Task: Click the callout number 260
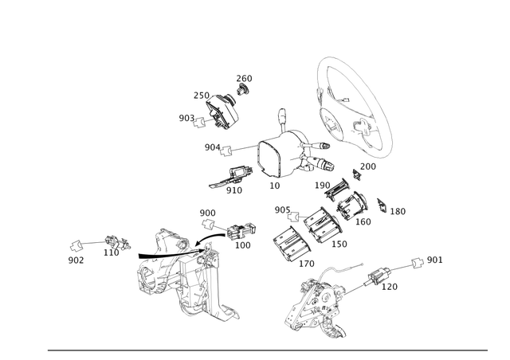(244, 78)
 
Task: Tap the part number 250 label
(202, 96)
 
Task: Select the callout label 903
(186, 118)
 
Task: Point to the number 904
(213, 147)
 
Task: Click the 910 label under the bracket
(234, 190)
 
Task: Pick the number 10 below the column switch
(274, 186)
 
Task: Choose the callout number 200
(368, 166)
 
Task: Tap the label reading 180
(398, 211)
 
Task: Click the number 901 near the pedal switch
(434, 260)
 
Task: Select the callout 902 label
(76, 260)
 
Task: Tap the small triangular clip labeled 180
(382, 205)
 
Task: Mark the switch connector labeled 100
(241, 231)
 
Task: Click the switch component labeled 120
(378, 276)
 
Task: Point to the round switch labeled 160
(352, 205)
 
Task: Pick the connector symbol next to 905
(293, 217)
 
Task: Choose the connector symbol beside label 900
(207, 224)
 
